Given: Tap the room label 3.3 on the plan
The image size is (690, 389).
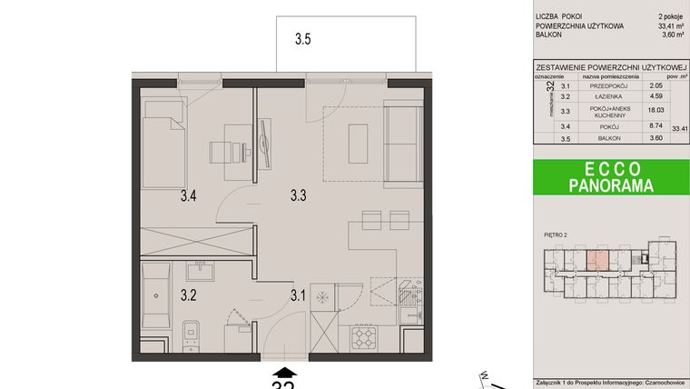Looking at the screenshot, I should (300, 194).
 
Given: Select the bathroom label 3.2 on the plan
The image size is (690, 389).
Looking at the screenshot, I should (189, 294).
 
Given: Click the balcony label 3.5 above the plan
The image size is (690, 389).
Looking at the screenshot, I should (303, 40).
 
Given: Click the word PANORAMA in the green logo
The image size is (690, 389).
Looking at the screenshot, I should (610, 185).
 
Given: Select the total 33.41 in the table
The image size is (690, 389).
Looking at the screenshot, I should (679, 129).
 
